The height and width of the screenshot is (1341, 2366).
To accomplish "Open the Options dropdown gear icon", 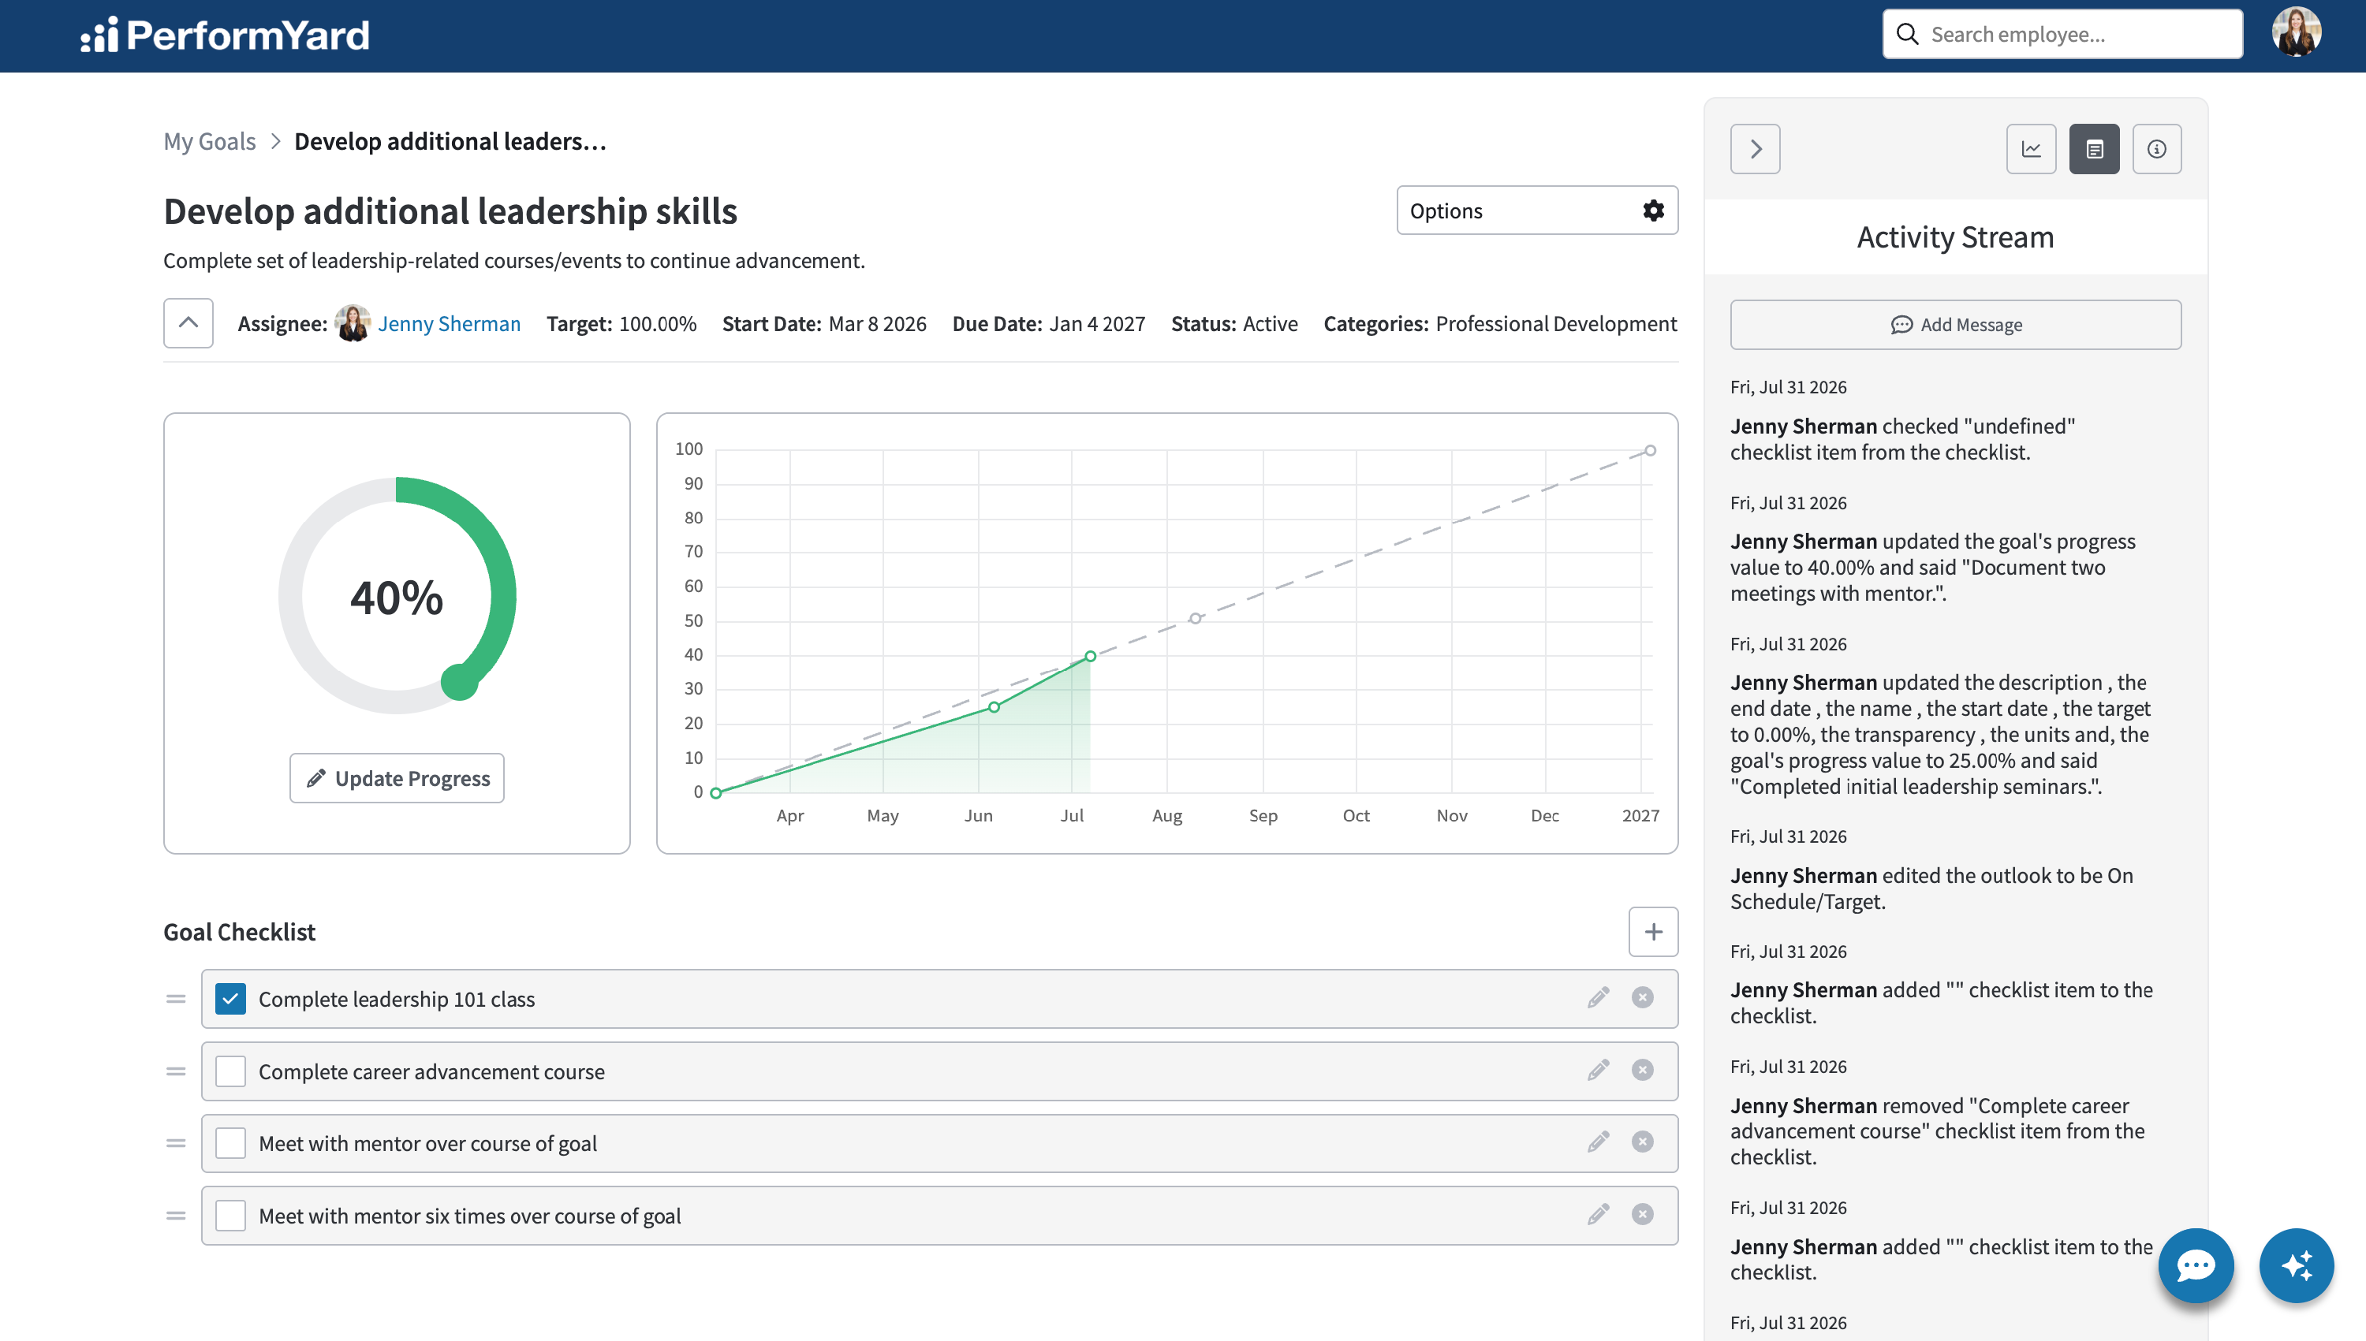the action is pos(1654,211).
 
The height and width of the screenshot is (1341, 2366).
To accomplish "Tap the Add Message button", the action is pos(1955,324).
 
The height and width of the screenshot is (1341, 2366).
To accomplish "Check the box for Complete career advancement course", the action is pos(230,1071).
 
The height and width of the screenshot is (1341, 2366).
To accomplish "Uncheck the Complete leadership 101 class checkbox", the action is pos(230,998).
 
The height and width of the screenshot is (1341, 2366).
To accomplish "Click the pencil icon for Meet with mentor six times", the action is pos(1599,1215).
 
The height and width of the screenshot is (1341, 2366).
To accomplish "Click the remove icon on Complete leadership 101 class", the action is pos(1643,997).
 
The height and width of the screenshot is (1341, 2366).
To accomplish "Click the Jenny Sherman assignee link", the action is pos(449,323).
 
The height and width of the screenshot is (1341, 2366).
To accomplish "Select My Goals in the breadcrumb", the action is pos(209,141).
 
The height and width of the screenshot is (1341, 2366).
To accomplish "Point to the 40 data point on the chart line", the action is pos(1090,656).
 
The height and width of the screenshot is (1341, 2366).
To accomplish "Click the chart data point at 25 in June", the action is pos(995,707).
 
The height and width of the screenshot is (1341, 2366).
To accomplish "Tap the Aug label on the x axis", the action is pos(1167,816).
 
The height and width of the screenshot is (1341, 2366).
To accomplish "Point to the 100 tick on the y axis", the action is pos(689,449).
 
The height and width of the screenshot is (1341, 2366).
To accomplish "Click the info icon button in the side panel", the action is pos(2157,149).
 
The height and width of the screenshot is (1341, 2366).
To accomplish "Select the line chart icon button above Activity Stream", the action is pos(2032,149).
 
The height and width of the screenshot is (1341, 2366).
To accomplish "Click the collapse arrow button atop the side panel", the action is pos(1755,149).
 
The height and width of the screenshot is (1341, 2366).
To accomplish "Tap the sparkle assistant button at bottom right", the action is pos(2297,1265).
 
